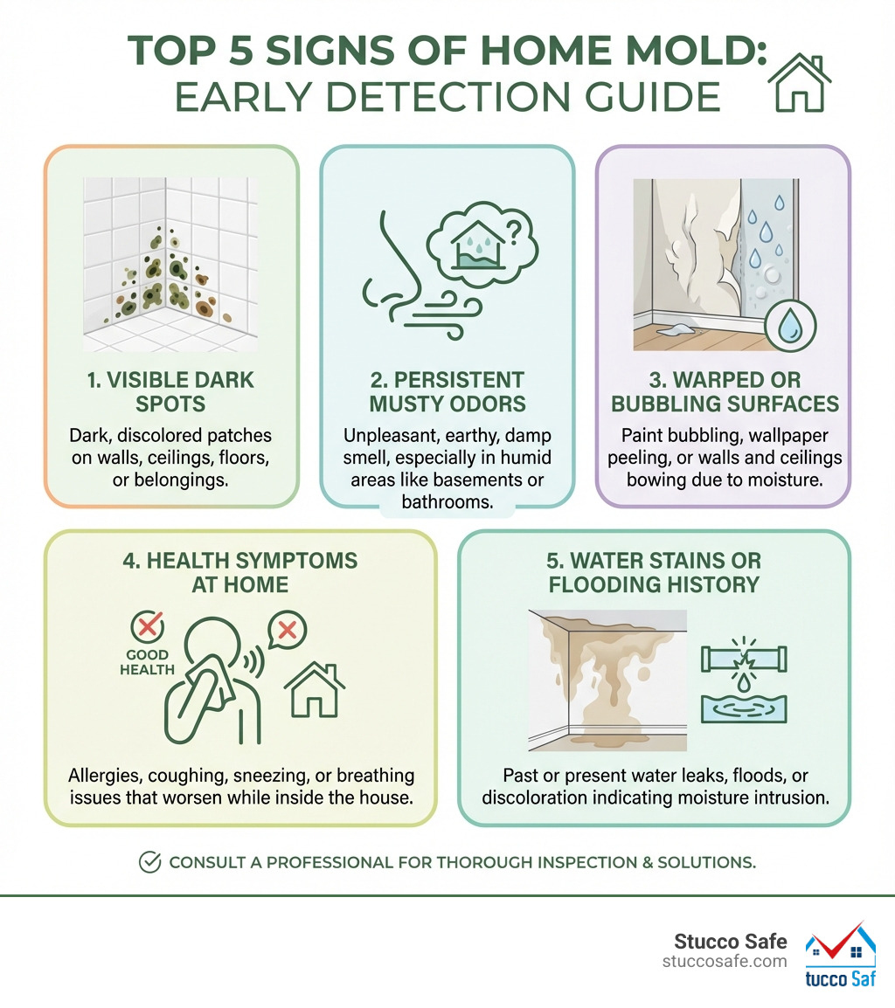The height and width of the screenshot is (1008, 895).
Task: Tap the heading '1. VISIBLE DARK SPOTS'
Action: [x=171, y=392]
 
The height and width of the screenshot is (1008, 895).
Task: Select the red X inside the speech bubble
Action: [x=287, y=629]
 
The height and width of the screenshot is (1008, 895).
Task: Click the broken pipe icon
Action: [x=745, y=659]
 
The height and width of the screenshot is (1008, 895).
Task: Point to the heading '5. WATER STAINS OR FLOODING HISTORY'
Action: [x=654, y=572]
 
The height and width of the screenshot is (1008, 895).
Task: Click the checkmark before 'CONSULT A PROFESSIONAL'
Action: [x=149, y=862]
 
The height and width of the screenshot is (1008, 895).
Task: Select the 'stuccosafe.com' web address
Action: [x=725, y=962]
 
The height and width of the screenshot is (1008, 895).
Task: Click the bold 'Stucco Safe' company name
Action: [x=731, y=942]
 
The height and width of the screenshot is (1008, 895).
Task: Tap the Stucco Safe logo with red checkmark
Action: [x=840, y=955]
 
